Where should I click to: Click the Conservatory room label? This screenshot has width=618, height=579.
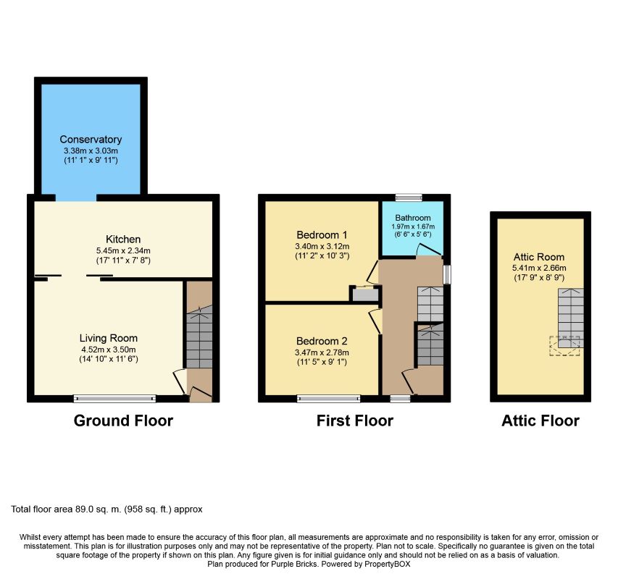point(91,140)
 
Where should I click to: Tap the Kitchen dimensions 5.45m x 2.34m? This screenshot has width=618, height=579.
point(123,250)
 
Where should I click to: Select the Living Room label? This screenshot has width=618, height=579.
point(109,338)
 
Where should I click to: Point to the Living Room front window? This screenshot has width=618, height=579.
point(114,399)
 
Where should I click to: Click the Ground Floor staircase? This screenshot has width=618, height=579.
point(199,337)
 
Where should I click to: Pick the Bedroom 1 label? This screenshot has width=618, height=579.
point(322,235)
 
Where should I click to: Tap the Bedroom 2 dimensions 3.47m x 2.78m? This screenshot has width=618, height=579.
point(322,352)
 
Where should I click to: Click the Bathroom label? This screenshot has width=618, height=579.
point(413,218)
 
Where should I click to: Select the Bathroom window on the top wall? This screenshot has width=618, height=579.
point(409,198)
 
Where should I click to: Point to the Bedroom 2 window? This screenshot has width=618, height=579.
point(329,399)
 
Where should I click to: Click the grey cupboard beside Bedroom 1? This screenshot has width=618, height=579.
point(365,295)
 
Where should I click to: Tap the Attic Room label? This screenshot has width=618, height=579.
point(539,257)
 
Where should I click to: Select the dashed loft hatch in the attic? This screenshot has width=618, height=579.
point(565,346)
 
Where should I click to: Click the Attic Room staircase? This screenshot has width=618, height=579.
point(571,318)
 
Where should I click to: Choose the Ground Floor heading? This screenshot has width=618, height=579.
point(123,420)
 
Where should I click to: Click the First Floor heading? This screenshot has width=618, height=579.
point(355,420)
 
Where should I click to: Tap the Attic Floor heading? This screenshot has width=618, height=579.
point(540,420)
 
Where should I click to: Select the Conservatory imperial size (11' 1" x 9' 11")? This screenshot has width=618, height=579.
point(91,160)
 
